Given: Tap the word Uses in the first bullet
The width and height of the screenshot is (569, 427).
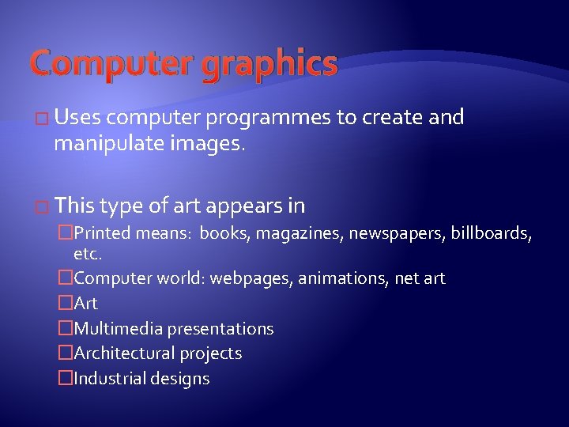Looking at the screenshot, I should [78, 118].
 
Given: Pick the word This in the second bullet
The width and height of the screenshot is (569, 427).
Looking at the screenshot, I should [75, 206].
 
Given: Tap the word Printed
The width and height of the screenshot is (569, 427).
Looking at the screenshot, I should [104, 234].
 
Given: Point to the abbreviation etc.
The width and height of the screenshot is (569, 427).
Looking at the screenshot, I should [88, 255].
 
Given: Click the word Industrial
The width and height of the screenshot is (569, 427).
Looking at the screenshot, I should [107, 379].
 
